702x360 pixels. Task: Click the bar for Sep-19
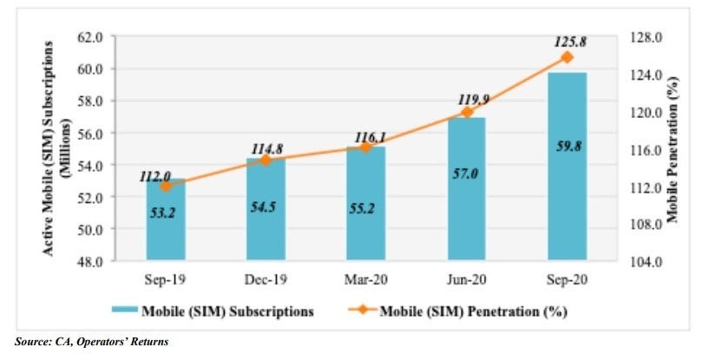[x=165, y=221]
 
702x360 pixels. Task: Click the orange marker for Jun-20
[x=466, y=112]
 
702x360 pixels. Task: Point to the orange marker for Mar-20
[x=365, y=147]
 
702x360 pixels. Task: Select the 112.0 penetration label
[x=156, y=176]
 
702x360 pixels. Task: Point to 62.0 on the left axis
[x=90, y=37]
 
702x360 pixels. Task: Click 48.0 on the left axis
[x=90, y=261]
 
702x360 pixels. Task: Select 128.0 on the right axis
[x=638, y=37]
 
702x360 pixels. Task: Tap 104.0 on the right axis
[x=638, y=261]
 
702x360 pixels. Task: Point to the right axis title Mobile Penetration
[x=673, y=149]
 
